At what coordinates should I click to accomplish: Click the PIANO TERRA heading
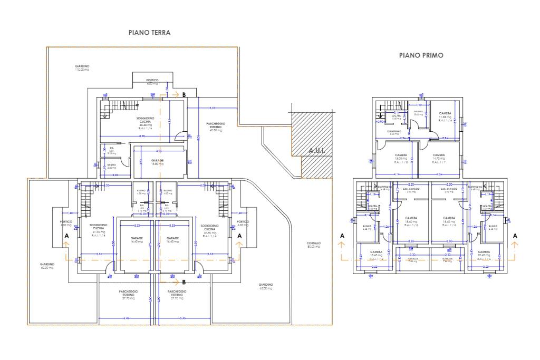click(149, 33)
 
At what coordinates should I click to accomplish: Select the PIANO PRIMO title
click(421, 55)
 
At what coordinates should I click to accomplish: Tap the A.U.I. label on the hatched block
click(317, 151)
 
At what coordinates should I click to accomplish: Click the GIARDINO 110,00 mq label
click(82, 67)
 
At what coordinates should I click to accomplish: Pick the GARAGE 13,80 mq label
click(157, 162)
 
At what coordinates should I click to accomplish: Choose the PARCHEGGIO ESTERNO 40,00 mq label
click(215, 127)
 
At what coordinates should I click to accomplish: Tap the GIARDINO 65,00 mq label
click(266, 287)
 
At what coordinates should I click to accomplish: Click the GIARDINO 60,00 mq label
click(47, 266)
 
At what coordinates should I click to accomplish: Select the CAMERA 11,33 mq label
click(445, 116)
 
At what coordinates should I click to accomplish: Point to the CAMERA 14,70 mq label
click(439, 157)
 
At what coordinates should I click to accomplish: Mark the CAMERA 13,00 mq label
click(401, 157)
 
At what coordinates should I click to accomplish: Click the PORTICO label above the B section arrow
click(152, 82)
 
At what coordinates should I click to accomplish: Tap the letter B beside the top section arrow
click(184, 95)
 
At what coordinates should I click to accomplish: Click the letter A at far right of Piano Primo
click(515, 237)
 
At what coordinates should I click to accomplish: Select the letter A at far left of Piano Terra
click(66, 237)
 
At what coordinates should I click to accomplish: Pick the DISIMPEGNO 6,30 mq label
click(394, 132)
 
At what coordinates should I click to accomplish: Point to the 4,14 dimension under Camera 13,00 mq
click(396, 174)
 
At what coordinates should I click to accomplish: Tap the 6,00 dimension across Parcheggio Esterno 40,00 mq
click(212, 108)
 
